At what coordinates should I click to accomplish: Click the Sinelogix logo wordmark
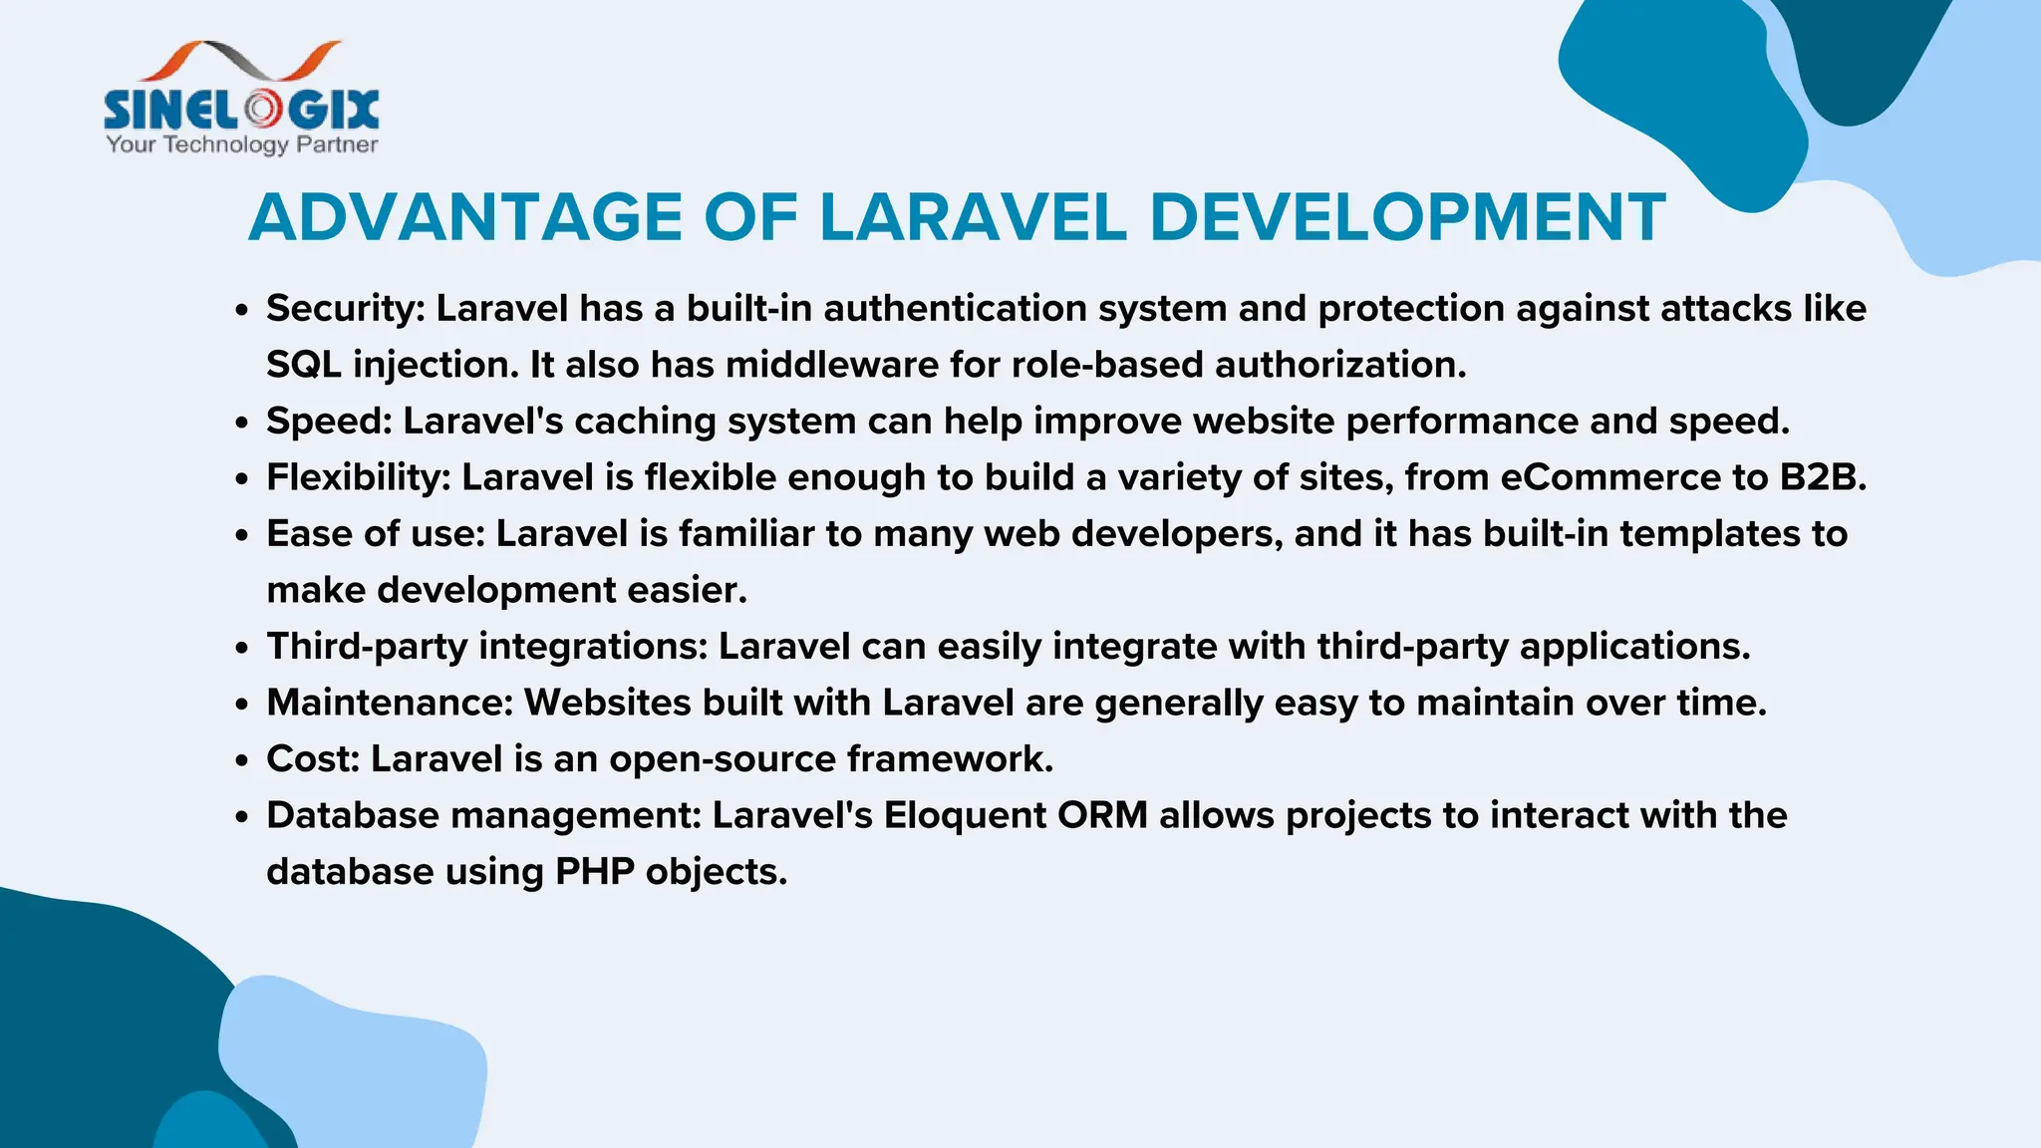pos(241,109)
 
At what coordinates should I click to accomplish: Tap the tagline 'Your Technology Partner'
pos(241,145)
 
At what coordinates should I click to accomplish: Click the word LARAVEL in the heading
pos(973,217)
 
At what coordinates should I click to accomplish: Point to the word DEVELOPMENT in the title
pos(1406,217)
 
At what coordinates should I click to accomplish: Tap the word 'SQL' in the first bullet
pos(303,365)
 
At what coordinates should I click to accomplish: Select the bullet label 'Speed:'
pos(329,422)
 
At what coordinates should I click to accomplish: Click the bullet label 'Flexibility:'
pos(359,477)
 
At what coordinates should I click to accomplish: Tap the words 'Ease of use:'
pos(375,534)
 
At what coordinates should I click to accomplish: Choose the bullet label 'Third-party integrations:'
pos(486,647)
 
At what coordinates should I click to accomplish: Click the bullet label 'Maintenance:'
pos(389,703)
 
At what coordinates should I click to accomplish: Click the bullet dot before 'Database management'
pos(241,817)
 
